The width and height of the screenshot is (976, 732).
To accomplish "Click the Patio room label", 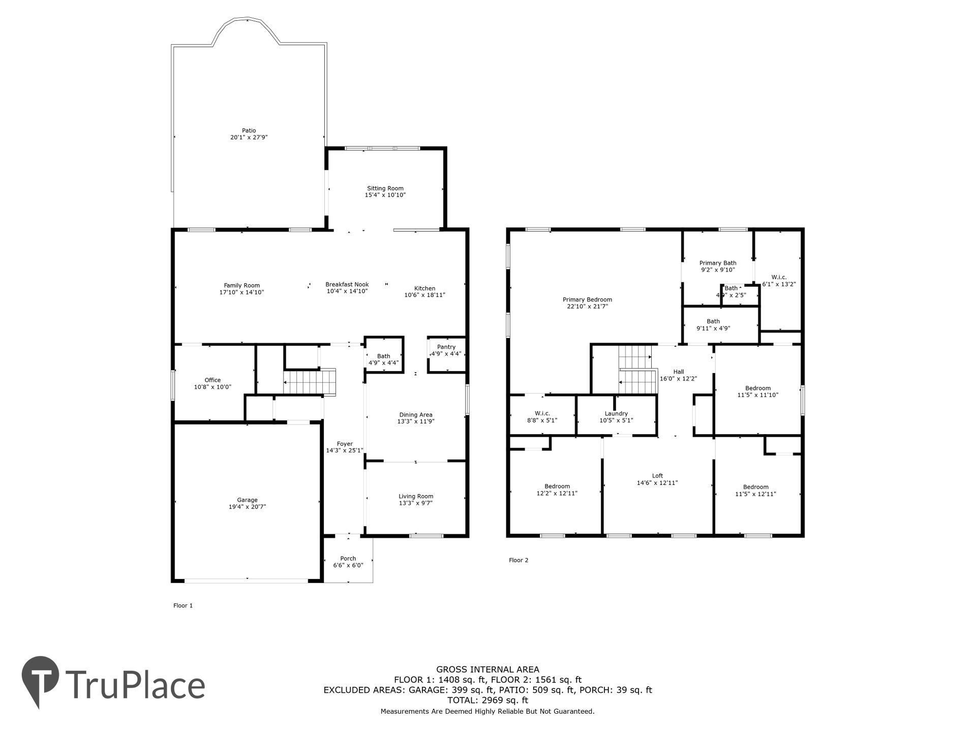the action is (x=249, y=131).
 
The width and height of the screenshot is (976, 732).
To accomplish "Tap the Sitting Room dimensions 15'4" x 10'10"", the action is (x=385, y=195).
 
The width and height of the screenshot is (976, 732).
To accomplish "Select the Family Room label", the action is (x=242, y=286).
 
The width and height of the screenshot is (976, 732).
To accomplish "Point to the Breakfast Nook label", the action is (x=347, y=285).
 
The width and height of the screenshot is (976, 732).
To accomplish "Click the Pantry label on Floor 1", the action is (x=446, y=347).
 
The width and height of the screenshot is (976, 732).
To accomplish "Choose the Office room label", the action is (x=212, y=380).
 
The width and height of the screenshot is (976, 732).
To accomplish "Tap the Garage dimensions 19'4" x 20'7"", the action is (x=248, y=507).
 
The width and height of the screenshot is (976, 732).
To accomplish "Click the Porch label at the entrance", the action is (x=348, y=559).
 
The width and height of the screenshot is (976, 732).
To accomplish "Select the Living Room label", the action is (x=416, y=497).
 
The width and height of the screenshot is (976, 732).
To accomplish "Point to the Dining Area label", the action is (x=416, y=415).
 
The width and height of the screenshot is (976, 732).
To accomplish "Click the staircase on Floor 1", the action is (x=310, y=382).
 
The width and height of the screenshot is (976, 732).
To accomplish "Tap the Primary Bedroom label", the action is (x=588, y=300).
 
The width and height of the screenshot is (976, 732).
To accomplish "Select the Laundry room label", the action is (x=617, y=414).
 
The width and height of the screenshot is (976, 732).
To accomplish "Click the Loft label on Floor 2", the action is (x=658, y=476).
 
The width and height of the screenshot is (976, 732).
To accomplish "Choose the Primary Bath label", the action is (x=718, y=263).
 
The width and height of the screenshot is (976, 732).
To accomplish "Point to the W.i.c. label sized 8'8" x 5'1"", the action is (x=542, y=414).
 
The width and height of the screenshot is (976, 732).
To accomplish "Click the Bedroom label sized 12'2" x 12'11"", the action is (x=557, y=486).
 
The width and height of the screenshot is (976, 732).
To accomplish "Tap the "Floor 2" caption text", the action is (x=518, y=560).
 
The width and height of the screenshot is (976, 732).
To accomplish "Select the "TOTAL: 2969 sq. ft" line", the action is (x=487, y=700).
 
